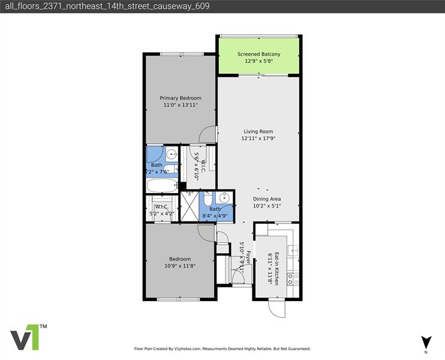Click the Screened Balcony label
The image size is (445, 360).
coord(258,54)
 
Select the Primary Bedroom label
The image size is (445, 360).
coord(180,98)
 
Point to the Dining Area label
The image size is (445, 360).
coord(267,199)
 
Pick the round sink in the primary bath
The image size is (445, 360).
coord(170,154)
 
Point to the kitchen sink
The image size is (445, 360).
coord(293,250)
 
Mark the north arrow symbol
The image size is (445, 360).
coord(426,343)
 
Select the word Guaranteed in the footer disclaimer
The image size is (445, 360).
coord(298,349)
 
